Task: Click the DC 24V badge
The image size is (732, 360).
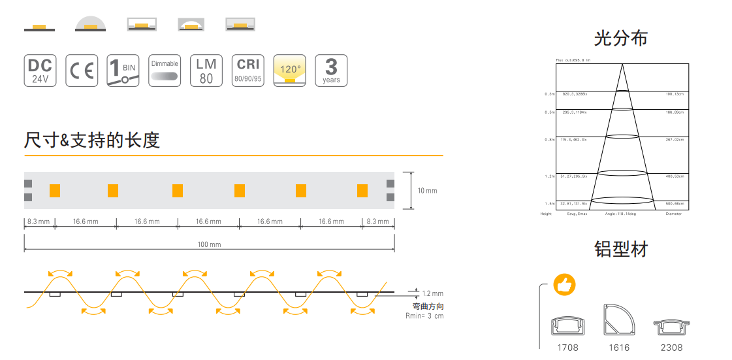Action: (40, 71)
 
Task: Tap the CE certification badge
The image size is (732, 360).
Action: (82, 71)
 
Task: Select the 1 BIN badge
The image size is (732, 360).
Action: (123, 71)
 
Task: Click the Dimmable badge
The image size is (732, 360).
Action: (165, 71)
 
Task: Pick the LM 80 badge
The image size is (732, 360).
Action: (206, 71)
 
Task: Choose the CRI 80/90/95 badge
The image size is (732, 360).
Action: (248, 71)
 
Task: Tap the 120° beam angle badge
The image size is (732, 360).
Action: (290, 71)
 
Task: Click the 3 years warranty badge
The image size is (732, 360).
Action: (331, 71)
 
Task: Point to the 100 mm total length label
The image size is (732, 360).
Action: (210, 244)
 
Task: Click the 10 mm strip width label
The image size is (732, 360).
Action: (427, 191)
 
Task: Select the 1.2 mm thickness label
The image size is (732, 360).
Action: (432, 294)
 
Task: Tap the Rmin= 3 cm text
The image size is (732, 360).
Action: (424, 316)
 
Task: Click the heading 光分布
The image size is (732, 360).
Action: (620, 39)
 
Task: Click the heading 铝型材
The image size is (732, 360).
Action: (620, 249)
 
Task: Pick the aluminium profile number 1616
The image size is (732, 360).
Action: (619, 348)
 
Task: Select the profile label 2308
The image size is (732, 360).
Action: (672, 348)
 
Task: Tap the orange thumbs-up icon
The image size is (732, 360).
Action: (564, 285)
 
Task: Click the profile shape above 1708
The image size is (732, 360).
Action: (568, 325)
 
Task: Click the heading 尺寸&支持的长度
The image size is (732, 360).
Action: (92, 140)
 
